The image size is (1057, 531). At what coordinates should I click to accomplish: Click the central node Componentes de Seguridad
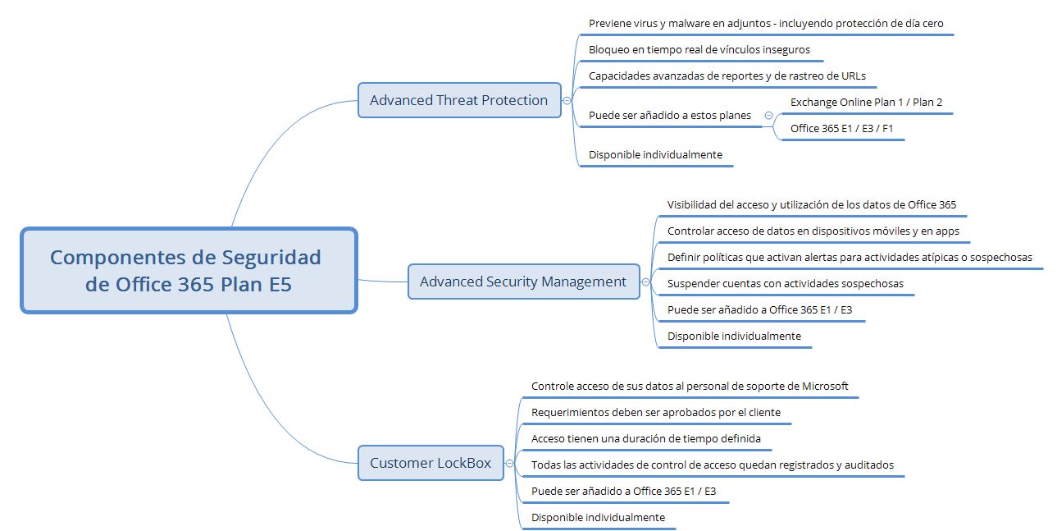pos(189,270)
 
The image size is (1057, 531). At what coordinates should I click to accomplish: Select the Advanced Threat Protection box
pos(459,100)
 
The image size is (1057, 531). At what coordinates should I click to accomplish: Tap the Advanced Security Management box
pos(523,282)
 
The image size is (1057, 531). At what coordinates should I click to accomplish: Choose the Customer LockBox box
pos(431,463)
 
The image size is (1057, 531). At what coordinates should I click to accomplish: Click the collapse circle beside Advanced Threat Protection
pos(567,101)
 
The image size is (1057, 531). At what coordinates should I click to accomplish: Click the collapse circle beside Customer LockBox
pos(509,464)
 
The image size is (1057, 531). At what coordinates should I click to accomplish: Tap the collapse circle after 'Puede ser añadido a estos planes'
pos(768,116)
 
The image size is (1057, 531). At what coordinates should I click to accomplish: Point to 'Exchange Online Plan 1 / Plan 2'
pos(866,103)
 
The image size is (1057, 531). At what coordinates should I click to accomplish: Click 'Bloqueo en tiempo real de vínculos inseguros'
pos(699,50)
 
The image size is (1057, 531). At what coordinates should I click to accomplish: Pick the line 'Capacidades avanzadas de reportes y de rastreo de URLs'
pos(727,76)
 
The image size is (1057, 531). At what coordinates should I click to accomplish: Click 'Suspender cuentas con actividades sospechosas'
pos(786,284)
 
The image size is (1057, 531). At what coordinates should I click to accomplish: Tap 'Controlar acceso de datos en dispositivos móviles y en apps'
pos(813,231)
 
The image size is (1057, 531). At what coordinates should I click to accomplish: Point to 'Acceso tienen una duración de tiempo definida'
pos(645,439)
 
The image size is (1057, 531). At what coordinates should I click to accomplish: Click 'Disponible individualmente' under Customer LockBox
pos(598,518)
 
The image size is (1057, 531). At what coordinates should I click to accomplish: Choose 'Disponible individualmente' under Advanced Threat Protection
pos(655,155)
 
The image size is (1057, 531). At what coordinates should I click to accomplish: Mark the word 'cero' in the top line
pos(931,24)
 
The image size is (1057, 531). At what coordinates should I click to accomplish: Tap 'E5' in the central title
pos(274,285)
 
